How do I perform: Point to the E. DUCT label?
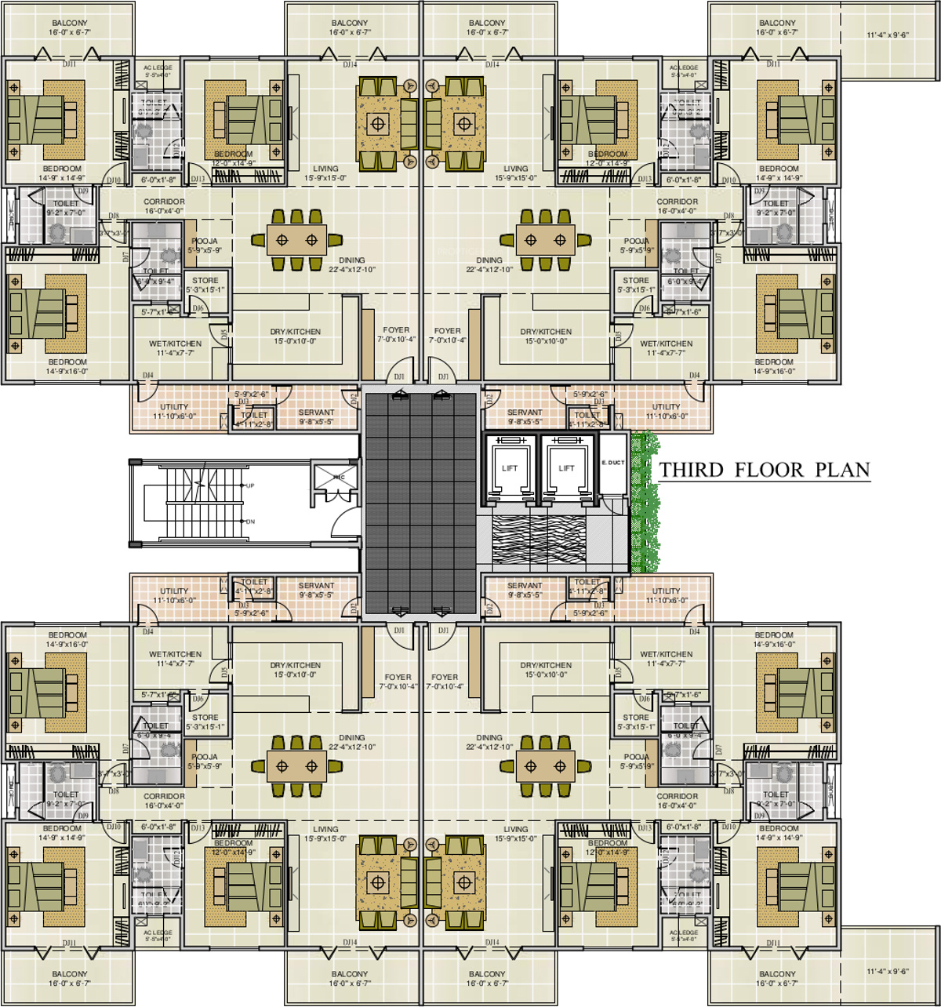[612, 463]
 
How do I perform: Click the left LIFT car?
[510, 469]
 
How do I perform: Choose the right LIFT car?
[566, 469]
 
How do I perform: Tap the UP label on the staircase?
[250, 485]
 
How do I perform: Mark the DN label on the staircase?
[250, 522]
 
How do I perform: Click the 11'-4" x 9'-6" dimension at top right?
[888, 35]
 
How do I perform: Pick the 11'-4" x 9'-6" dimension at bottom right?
[888, 972]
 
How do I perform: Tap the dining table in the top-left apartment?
[296, 240]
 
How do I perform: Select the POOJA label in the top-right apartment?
[636, 242]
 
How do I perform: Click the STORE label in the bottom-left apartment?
[205, 717]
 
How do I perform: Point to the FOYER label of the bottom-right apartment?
[445, 677]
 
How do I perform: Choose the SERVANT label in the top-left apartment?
[317, 413]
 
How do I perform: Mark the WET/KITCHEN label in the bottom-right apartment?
[666, 654]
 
